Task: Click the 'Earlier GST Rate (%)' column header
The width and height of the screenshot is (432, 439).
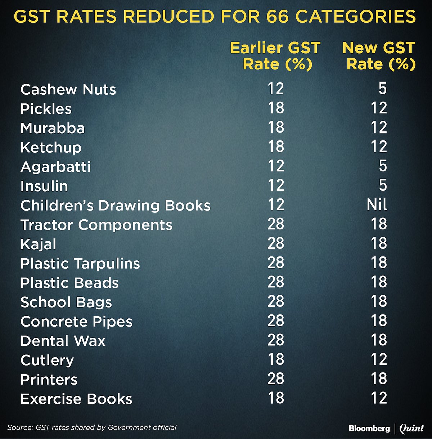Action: tap(275, 56)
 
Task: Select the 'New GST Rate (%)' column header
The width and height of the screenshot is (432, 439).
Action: tap(379, 56)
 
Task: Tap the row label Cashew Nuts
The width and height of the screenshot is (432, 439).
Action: tap(68, 89)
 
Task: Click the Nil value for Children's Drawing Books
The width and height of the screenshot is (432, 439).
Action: tap(377, 205)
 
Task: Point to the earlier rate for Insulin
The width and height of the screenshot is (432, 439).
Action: tap(276, 185)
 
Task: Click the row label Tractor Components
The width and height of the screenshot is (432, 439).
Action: tap(96, 225)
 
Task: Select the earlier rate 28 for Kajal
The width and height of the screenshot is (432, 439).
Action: tap(276, 243)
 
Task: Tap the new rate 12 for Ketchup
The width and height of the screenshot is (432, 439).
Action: tap(379, 147)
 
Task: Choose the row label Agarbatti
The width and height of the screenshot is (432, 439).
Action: tap(56, 167)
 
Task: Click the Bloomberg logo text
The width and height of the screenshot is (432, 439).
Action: tap(369, 428)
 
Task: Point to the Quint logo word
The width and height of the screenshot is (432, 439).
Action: tap(411, 428)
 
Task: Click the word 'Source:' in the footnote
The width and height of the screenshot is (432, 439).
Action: tap(20, 427)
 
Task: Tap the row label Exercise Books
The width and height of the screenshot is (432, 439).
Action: tap(76, 399)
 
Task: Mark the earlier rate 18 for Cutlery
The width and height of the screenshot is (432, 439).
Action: tap(276, 359)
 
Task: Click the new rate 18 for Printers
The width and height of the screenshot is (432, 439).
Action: tap(379, 379)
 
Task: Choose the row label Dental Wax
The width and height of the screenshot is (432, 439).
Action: tap(63, 341)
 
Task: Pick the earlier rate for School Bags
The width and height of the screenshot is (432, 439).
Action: tap(276, 301)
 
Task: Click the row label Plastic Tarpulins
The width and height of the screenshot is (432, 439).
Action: tap(80, 264)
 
